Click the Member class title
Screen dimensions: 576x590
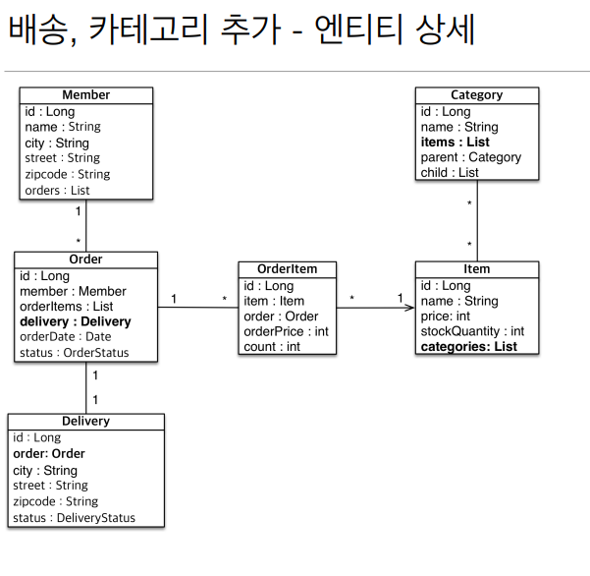(86, 95)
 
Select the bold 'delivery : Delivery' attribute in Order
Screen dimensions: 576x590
(76, 321)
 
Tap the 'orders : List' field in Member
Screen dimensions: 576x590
(57, 190)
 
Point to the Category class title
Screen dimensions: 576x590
(476, 95)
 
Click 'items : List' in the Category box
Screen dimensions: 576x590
(455, 143)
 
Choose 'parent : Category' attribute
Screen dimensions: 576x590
(471, 157)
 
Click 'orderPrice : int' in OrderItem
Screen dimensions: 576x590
(286, 331)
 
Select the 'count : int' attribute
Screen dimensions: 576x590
(273, 347)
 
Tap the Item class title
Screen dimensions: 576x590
(476, 269)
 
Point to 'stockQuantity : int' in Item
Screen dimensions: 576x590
(472, 331)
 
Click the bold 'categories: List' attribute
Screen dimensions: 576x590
(468, 347)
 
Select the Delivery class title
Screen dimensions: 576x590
(85, 421)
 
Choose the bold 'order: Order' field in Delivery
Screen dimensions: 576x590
(49, 454)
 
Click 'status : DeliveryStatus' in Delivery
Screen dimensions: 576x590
(75, 517)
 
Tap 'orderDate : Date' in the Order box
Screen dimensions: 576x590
(66, 336)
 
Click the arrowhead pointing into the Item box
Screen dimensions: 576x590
(409, 308)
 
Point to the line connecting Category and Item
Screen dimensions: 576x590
(477, 221)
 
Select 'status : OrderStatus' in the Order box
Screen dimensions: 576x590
(75, 352)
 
